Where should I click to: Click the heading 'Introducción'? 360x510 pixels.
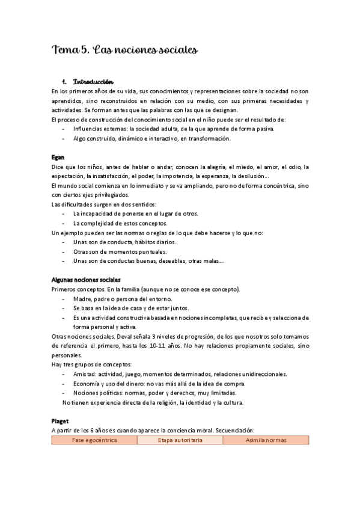(x=93, y=82)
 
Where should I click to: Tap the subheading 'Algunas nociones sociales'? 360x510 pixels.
(x=86, y=280)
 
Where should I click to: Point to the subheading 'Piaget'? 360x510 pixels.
(x=61, y=421)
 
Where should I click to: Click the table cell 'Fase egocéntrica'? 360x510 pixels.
(x=95, y=440)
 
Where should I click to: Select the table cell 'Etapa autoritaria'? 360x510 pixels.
(x=180, y=440)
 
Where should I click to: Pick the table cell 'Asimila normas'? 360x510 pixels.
(x=266, y=440)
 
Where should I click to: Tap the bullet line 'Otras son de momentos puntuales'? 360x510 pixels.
(x=120, y=251)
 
